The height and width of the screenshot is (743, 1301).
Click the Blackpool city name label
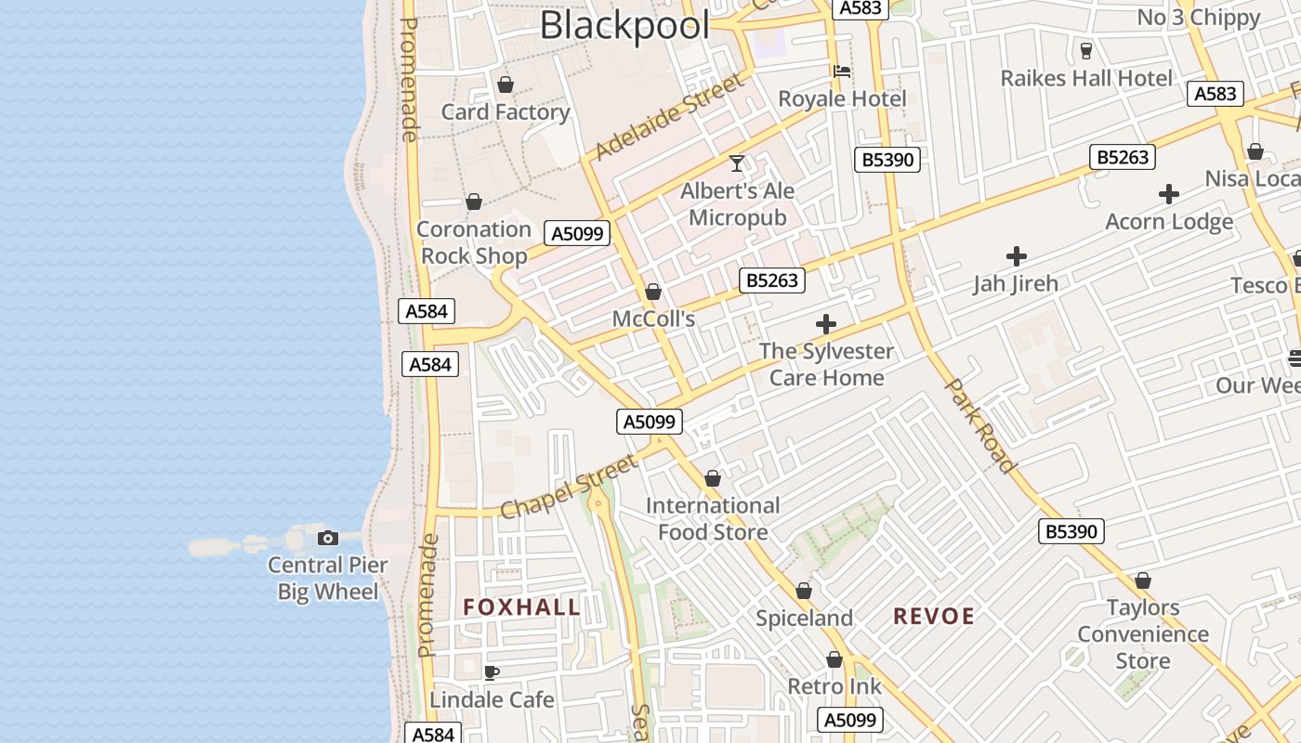click(624, 25)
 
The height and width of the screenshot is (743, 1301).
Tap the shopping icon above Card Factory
click(506, 85)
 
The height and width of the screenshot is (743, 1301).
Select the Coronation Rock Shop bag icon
click(474, 202)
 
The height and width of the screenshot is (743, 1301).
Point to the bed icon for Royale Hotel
click(842, 71)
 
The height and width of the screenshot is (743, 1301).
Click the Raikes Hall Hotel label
click(1086, 78)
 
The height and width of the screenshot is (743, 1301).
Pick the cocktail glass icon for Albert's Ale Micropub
click(737, 163)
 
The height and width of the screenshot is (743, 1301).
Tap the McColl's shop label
click(653, 319)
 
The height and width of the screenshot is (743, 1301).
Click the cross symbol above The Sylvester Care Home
click(825, 324)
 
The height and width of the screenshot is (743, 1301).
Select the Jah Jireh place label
click(1016, 283)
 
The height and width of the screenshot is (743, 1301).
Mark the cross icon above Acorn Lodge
click(1169, 194)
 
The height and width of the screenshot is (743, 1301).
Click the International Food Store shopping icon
click(713, 479)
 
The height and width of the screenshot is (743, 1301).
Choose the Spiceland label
click(804, 619)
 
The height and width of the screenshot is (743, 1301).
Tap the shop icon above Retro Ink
click(834, 660)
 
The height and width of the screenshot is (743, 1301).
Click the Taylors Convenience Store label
click(1143, 634)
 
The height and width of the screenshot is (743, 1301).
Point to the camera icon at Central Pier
click(327, 539)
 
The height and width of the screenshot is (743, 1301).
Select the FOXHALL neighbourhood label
click(522, 607)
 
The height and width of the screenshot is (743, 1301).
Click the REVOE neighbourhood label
click(934, 616)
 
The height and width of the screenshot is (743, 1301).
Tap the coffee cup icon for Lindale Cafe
click(492, 672)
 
